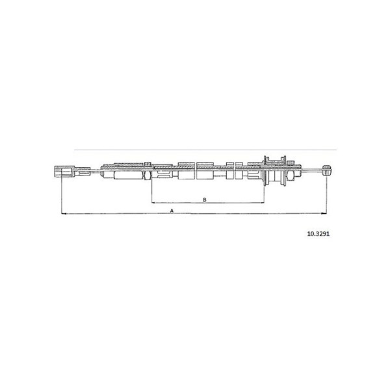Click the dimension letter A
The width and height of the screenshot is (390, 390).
(172, 211)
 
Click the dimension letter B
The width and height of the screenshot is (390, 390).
(205, 200)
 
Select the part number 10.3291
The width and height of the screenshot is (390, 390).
(318, 234)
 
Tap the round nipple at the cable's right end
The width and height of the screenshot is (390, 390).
(327, 170)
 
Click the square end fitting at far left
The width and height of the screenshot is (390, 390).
(64, 172)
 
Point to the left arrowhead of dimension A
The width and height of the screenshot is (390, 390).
(64, 213)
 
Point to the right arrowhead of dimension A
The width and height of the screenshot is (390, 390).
(324, 213)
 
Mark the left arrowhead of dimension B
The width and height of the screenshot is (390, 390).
(154, 203)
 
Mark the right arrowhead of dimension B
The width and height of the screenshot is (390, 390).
(262, 203)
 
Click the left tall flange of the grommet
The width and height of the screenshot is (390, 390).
(265, 170)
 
